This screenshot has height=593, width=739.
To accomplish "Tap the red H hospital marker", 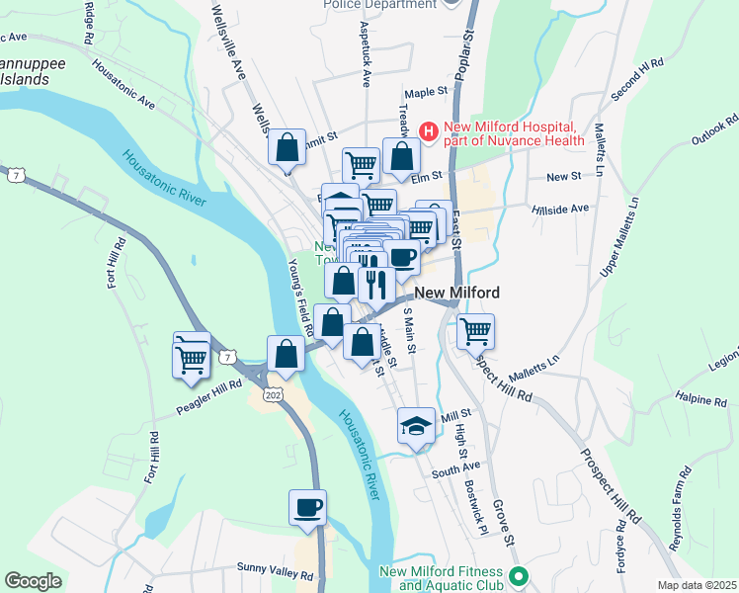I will pyautogui.click(x=429, y=130).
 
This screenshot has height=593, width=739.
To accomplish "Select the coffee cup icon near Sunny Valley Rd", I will pyautogui.click(x=307, y=507).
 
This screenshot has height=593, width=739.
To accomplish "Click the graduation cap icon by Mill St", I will pyautogui.click(x=417, y=426).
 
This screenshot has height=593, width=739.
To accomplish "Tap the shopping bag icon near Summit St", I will pyautogui.click(x=287, y=149).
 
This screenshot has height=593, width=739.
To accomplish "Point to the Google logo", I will pyautogui.click(x=33, y=581).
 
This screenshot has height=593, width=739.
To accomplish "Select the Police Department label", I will pyautogui.click(x=380, y=5).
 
